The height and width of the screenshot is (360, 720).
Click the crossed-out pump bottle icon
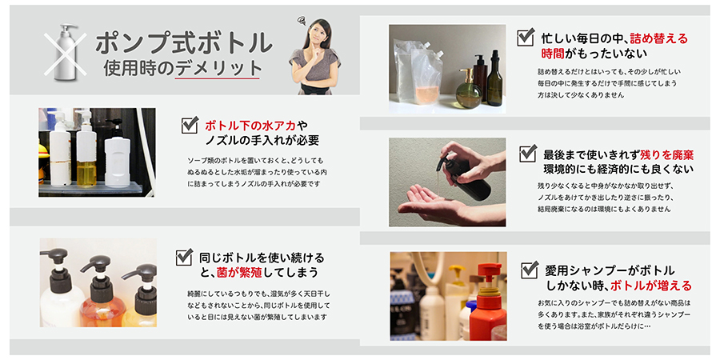pos(66,52)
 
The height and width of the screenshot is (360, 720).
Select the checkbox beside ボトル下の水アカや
pos(190,125)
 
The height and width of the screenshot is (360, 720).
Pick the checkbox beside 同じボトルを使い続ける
pos(184,257)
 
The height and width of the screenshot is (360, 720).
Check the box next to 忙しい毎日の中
pos(526,37)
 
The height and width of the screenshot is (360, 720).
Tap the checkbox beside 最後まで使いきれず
pos(528,153)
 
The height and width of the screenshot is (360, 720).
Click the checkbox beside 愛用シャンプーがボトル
pos(530,269)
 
